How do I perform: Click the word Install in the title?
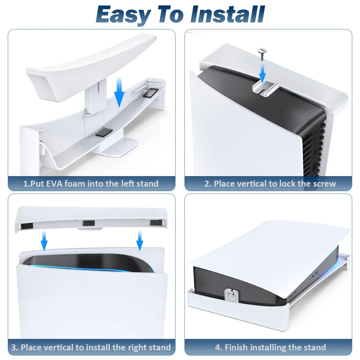228,14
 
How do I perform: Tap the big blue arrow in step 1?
119,91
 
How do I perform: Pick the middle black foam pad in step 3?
89,223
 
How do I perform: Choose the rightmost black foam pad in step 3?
156,223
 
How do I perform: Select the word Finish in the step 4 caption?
236,347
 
